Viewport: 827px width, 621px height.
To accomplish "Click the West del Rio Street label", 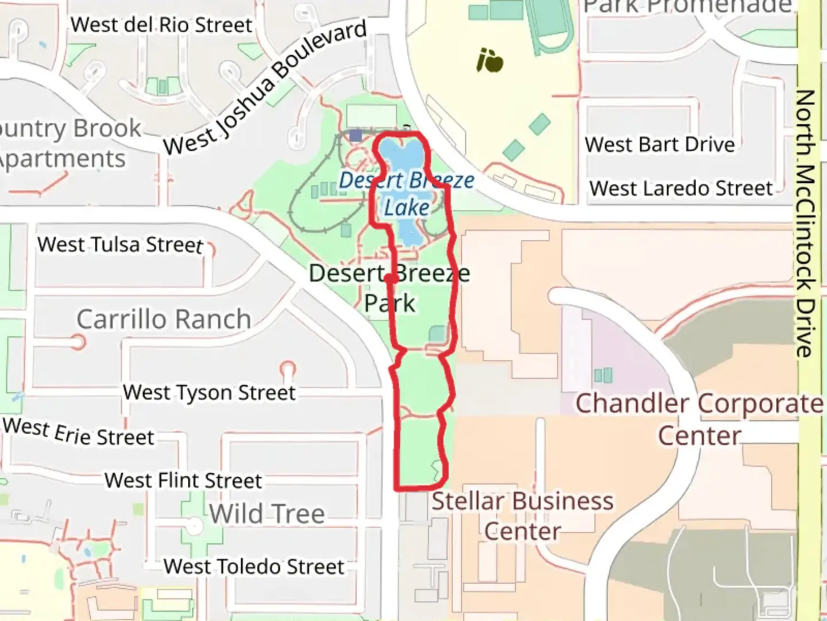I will pos(161,25).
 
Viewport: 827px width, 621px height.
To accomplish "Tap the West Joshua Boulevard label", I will pos(265,88).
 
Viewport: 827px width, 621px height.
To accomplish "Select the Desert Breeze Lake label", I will pos(407,194).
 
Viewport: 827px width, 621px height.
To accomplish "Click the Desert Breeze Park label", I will pos(389,288).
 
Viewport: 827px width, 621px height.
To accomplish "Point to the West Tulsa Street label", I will pos(120,244).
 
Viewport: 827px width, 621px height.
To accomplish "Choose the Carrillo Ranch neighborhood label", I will pos(164,319).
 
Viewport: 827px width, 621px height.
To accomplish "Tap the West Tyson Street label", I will pos(209,393).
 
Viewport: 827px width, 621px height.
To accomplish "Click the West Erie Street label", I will pos(79,432).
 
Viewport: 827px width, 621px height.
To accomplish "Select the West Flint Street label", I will pos(183,480).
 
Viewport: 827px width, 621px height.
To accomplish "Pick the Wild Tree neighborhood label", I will pos(267,513).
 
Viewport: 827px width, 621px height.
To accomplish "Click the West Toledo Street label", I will pos(254,566).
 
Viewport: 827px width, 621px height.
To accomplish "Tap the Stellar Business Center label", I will pos(522,516).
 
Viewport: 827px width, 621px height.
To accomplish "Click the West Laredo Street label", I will pos(681,188).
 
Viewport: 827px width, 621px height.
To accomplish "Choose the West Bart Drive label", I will pos(660,144).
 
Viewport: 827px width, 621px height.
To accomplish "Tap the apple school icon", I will pos(490,60).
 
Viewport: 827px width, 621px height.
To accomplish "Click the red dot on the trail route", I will pos(390,279).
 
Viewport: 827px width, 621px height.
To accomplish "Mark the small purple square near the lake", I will pos(355,136).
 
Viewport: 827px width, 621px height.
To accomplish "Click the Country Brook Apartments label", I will pos(63,143).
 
